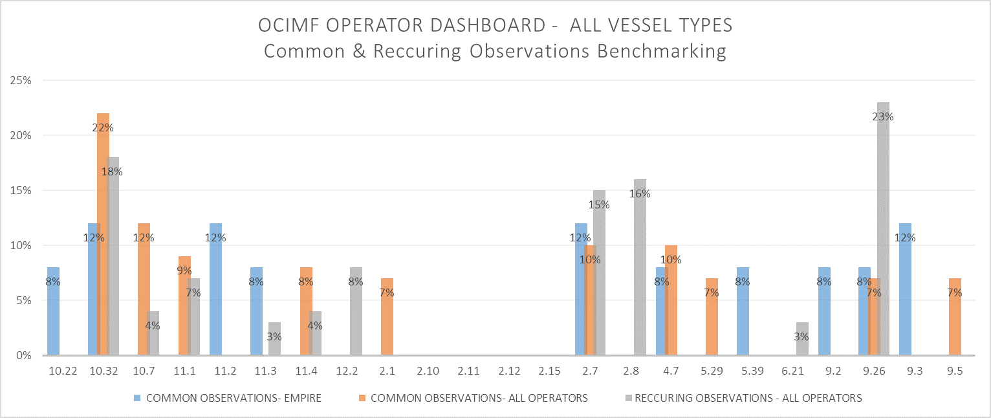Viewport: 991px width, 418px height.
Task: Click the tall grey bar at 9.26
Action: point(884,194)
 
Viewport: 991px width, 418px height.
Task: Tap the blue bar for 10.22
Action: point(54,311)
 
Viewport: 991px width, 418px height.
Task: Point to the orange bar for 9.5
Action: point(955,317)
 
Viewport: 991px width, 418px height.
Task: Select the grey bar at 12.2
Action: point(356,311)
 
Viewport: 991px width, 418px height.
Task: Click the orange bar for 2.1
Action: point(387,317)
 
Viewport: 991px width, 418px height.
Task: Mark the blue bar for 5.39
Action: point(743,311)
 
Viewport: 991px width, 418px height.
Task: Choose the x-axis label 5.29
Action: point(712,371)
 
